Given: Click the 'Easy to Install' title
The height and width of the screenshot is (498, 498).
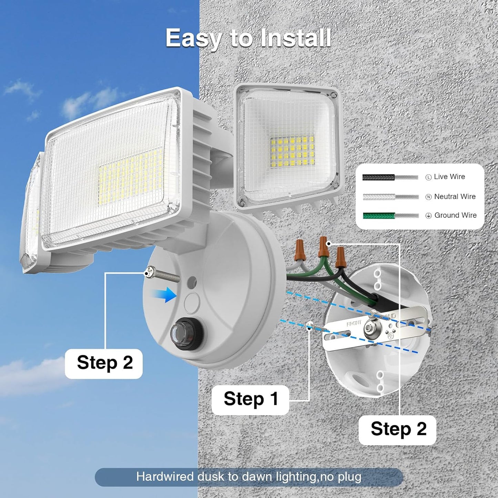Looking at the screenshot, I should (248, 38).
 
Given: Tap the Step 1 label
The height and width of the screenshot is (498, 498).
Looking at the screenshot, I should (251, 399).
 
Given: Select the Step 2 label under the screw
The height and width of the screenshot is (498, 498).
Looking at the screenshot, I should (104, 363).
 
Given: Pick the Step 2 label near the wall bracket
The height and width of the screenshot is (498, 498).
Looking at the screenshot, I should (398, 429).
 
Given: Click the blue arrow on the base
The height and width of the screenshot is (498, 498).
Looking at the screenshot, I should (165, 295).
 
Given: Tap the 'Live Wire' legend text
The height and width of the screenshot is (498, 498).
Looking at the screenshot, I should (449, 177).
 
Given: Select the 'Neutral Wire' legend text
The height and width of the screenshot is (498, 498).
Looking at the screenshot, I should (455, 196).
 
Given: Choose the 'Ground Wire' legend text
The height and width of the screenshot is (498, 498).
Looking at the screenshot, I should (455, 215).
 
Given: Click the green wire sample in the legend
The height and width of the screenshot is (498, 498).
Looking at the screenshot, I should (379, 216).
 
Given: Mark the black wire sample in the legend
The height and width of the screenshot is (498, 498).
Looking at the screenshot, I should (378, 177).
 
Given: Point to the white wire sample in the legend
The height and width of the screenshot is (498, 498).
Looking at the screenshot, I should (379, 197).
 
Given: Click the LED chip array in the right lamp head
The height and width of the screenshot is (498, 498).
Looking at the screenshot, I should (293, 151).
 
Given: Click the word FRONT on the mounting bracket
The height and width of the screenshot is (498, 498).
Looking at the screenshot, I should (354, 323).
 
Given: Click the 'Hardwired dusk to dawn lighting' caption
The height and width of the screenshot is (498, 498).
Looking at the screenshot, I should (248, 477).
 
